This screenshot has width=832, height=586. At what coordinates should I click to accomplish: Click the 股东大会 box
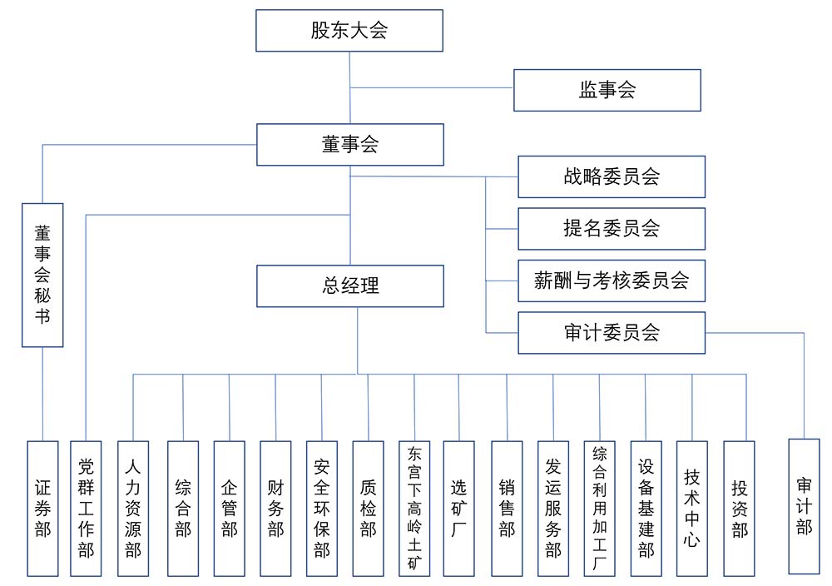pyautogui.click(x=349, y=31)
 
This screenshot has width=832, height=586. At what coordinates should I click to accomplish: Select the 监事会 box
pyautogui.click(x=607, y=90)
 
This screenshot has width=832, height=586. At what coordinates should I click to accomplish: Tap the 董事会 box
pyautogui.click(x=349, y=144)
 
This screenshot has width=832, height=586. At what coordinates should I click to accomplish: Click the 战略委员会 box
pyautogui.click(x=612, y=176)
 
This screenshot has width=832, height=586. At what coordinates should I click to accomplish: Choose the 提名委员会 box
pyautogui.click(x=612, y=228)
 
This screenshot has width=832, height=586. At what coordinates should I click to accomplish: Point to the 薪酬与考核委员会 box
pyautogui.click(x=612, y=281)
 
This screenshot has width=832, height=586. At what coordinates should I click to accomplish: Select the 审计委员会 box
pyautogui.click(x=612, y=333)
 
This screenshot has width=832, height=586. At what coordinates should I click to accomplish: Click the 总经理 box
pyautogui.click(x=349, y=286)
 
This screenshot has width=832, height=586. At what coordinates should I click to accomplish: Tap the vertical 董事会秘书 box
pyautogui.click(x=42, y=275)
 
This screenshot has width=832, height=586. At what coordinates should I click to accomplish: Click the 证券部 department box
pyautogui.click(x=42, y=508)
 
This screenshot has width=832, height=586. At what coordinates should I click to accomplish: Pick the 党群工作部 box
pyautogui.click(x=87, y=508)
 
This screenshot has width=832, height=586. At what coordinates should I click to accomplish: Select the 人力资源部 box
pyautogui.click(x=133, y=508)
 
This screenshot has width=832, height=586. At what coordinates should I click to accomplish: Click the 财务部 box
pyautogui.click(x=275, y=508)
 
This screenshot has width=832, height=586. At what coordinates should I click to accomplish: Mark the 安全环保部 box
pyautogui.click(x=322, y=508)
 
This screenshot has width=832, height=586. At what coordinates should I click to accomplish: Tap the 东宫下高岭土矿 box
pyautogui.click(x=414, y=508)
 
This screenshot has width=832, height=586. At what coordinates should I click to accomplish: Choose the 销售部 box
pyautogui.click(x=507, y=508)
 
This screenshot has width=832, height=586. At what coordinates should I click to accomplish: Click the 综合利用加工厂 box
pyautogui.click(x=599, y=508)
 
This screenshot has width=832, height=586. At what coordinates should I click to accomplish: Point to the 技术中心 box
pyautogui.click(x=692, y=508)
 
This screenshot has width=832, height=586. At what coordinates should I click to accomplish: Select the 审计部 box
pyautogui.click(x=804, y=505)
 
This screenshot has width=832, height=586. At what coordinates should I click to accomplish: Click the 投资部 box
pyautogui.click(x=739, y=508)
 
